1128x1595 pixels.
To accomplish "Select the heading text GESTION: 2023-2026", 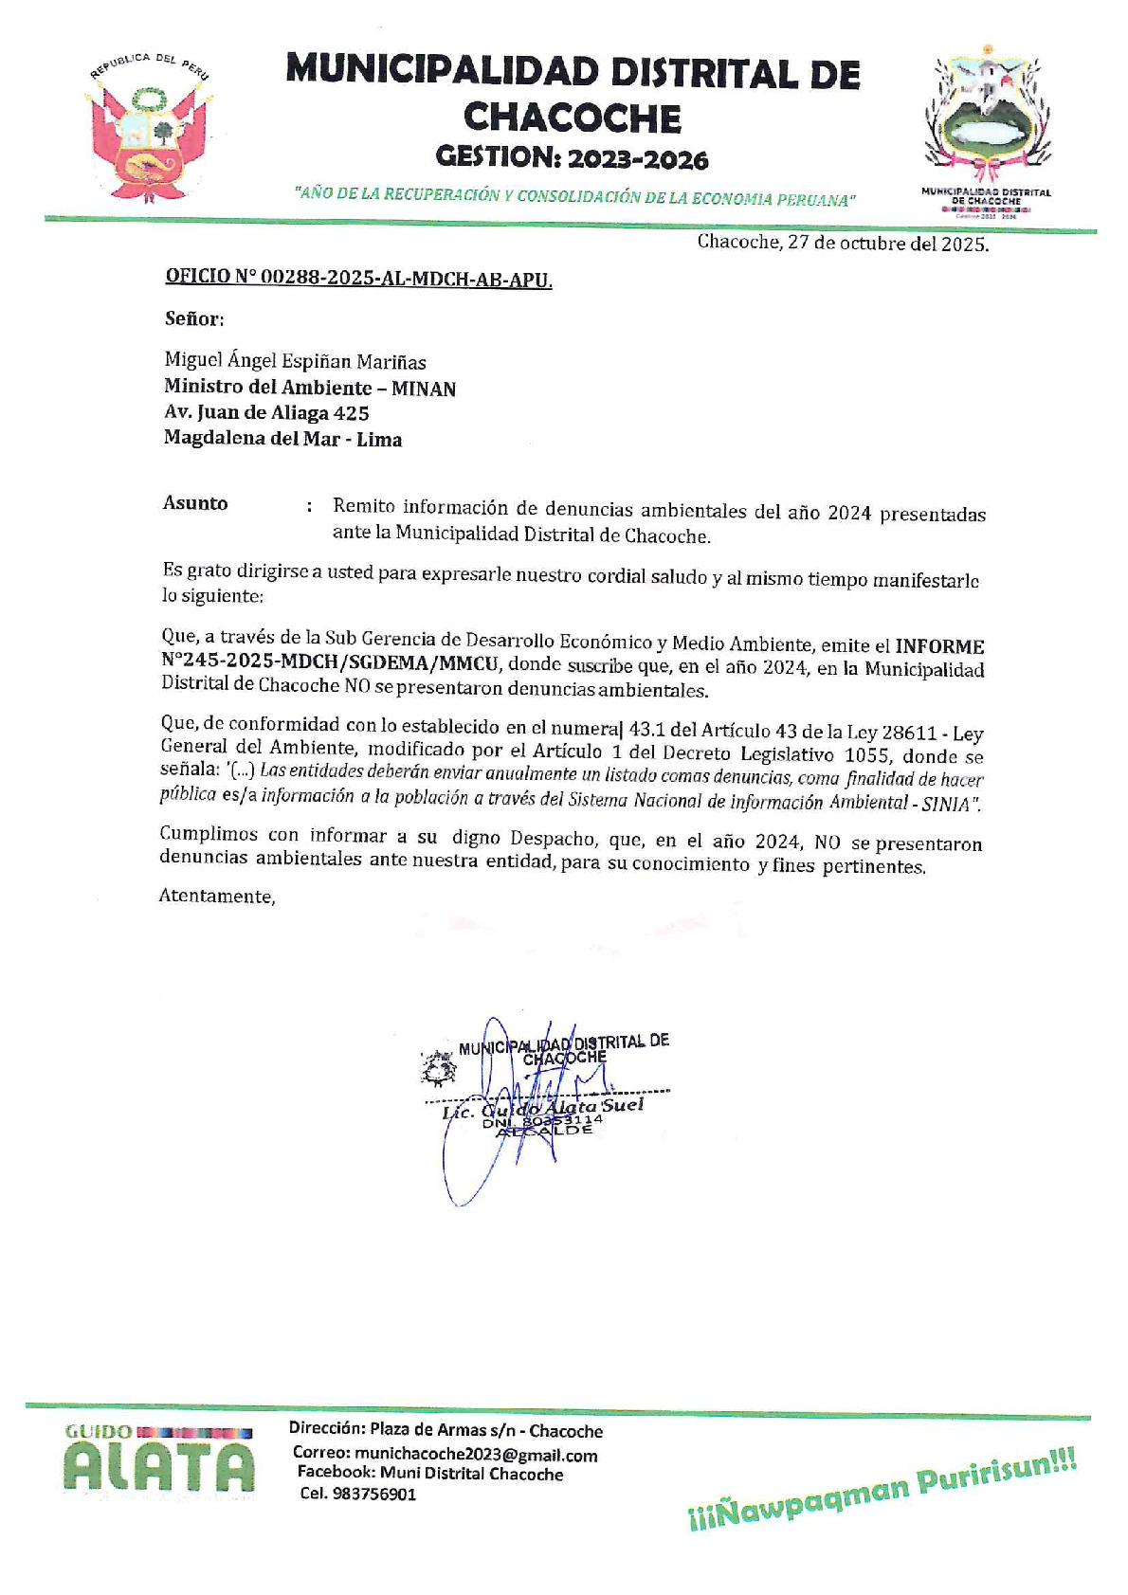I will [x=572, y=157].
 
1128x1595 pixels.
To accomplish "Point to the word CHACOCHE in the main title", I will [x=572, y=118].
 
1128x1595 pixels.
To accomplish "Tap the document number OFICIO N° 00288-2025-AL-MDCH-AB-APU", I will [x=358, y=278].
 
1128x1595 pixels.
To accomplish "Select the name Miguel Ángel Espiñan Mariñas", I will [x=295, y=361].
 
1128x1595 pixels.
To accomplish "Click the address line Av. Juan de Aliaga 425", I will [x=266, y=413].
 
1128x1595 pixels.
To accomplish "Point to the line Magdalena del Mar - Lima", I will [x=282, y=440].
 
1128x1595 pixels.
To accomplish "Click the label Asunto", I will [x=195, y=503].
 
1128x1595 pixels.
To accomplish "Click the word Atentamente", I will [x=216, y=897].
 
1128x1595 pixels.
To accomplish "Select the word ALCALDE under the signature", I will [x=544, y=1131].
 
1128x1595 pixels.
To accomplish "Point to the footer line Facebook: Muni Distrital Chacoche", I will [x=430, y=1474].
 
